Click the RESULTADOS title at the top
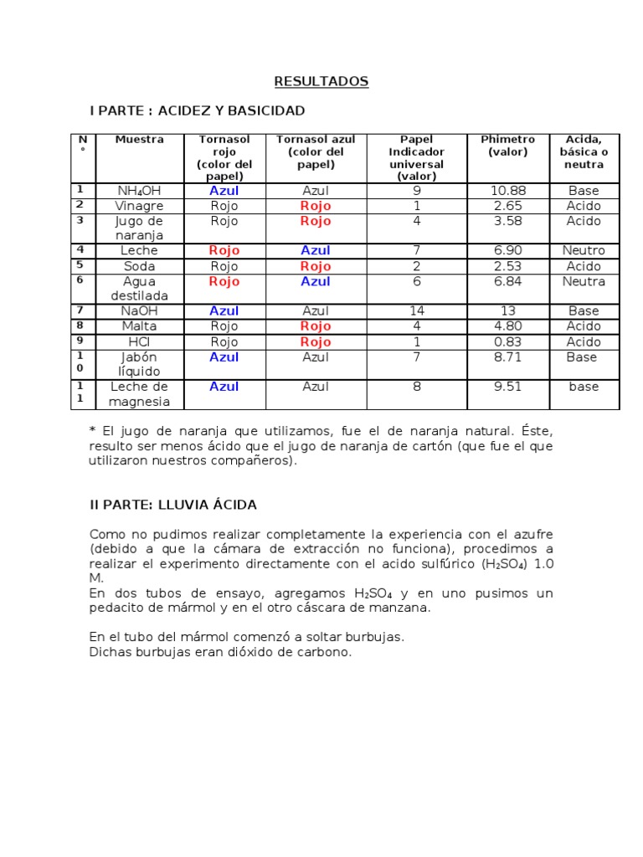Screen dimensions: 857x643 [321, 81]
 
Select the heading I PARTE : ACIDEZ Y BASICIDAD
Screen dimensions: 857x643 [198, 110]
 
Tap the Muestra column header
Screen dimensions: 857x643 [140, 140]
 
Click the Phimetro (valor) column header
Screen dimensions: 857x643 [507, 146]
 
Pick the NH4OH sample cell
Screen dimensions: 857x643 [140, 191]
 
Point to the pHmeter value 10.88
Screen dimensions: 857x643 [507, 191]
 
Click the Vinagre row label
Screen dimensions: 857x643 [140, 206]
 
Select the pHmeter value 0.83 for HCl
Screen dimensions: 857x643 [507, 341]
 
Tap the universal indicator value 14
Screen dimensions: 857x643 [416, 311]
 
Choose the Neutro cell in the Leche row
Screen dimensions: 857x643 [584, 250]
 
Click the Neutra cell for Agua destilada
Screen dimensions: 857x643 [584, 281]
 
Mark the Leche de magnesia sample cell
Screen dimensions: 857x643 [140, 394]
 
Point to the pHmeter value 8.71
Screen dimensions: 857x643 [507, 357]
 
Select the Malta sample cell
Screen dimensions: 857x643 [140, 326]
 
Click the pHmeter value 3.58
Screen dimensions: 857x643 [507, 221]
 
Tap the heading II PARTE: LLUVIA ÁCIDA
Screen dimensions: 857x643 [173, 505]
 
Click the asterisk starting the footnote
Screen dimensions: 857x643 [92, 430]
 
